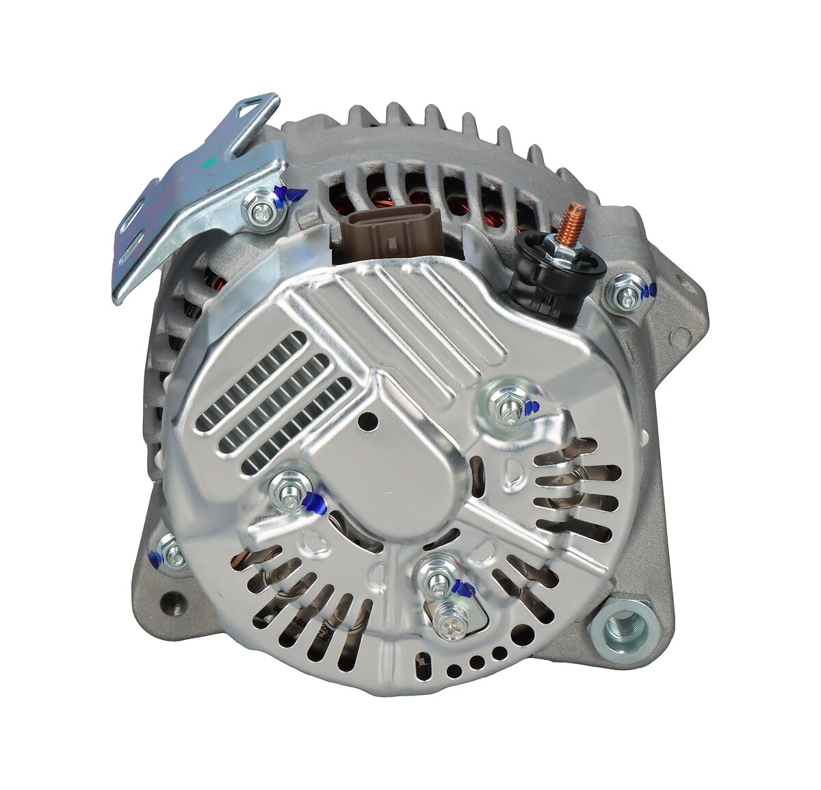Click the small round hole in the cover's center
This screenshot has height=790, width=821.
(x=372, y=422)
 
